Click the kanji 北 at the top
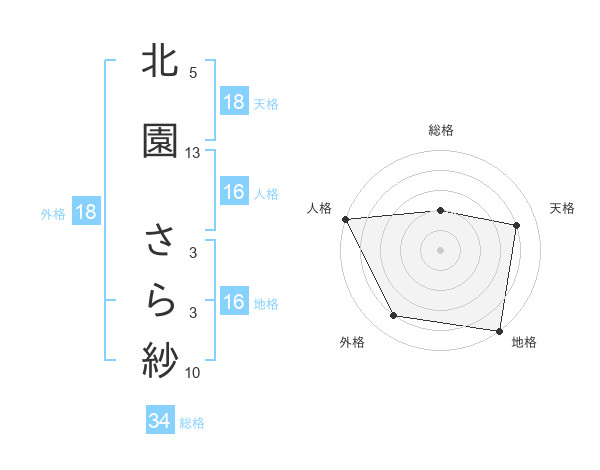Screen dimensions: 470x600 (160, 63)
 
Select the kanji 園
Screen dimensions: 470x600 (160, 140)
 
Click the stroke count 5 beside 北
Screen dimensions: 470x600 (193, 73)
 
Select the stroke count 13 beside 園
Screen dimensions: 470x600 (193, 152)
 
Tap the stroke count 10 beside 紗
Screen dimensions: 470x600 (193, 373)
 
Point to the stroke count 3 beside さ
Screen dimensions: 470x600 (193, 254)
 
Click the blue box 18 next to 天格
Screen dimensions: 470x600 (233, 102)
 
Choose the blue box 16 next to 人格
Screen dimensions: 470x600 (233, 192)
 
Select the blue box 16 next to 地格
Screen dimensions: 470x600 (233, 302)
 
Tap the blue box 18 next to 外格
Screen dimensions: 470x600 (85, 212)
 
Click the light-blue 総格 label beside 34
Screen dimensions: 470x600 (192, 423)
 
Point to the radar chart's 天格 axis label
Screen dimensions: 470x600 (563, 208)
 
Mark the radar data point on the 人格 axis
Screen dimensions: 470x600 (345, 219)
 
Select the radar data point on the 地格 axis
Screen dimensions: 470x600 (499, 330)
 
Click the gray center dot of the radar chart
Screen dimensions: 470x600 (440, 249)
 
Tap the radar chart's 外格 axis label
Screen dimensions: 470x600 (352, 342)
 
